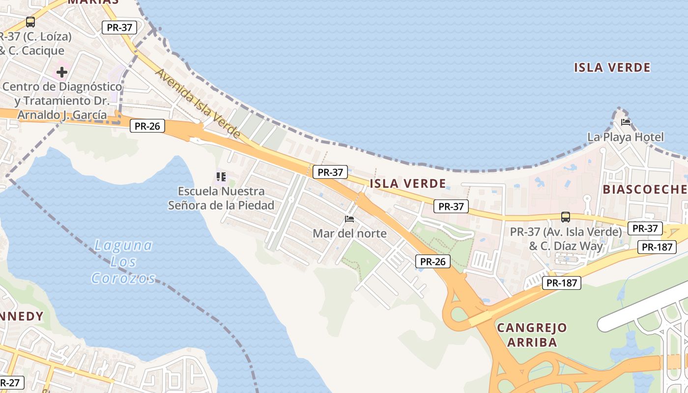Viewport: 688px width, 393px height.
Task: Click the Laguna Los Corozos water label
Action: tap(123, 261)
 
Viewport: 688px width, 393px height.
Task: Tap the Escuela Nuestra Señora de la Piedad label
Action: tap(221, 198)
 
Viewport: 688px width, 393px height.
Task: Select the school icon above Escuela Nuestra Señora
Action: tap(221, 176)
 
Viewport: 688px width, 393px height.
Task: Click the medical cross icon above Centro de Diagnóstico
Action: tap(61, 72)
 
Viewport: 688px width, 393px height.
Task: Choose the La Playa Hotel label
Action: tap(626, 137)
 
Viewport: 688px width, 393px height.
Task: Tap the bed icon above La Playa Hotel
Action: tap(625, 122)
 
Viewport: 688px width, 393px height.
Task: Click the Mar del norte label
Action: tap(349, 233)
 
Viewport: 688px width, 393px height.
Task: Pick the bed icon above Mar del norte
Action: tap(349, 219)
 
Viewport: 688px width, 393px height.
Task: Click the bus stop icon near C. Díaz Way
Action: tap(566, 217)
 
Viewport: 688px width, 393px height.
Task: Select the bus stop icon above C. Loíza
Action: tap(30, 22)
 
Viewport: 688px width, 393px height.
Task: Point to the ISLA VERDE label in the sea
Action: tap(612, 67)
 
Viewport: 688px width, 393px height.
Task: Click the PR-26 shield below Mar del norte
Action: tap(433, 261)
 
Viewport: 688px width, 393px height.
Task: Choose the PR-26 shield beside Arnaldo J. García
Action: tap(147, 126)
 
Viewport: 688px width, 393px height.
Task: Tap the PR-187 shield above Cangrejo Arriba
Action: tap(562, 282)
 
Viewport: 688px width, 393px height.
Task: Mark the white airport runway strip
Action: tap(639, 307)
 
